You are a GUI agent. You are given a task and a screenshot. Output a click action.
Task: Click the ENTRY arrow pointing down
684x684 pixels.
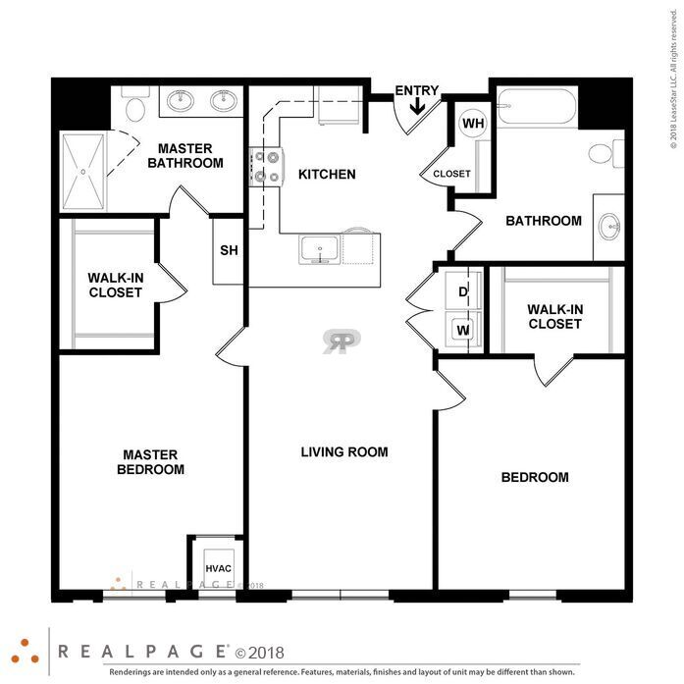pos(417,106)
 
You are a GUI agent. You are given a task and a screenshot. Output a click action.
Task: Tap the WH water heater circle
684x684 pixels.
pos(473,124)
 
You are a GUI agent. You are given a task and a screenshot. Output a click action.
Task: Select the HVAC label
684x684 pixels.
pos(218,569)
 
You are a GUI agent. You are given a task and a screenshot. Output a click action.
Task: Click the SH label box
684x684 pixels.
pos(228,251)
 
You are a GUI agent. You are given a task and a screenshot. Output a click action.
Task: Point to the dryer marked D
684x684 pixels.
pos(463,290)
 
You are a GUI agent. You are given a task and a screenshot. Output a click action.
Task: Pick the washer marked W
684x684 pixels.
pos(463,330)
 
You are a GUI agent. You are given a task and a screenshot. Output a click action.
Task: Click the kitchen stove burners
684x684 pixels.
pos(267,167)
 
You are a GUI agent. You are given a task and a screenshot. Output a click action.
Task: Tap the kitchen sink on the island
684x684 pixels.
pos(320,250)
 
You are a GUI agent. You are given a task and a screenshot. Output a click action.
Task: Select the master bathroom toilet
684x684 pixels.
pos(135,104)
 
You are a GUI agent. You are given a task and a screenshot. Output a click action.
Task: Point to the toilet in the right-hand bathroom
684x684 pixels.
pos(606,153)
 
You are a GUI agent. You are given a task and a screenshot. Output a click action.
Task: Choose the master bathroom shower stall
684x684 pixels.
pos(82,172)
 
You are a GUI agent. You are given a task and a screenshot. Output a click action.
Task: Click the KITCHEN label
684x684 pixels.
pos(327,175)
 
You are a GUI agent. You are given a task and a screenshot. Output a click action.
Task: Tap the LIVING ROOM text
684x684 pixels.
pos(344,452)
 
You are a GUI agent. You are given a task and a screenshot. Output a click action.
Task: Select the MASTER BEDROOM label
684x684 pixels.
pos(150,462)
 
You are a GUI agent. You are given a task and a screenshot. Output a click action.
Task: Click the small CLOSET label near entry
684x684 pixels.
pos(451,174)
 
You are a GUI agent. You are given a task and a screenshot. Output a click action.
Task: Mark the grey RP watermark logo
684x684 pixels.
pos(342,341)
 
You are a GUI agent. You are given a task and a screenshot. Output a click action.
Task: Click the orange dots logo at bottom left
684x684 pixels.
pos(25,653)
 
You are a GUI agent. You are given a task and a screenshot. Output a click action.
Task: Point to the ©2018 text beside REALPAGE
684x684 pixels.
pos(259,654)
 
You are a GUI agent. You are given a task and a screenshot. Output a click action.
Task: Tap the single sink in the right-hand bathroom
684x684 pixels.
pos(609,227)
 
